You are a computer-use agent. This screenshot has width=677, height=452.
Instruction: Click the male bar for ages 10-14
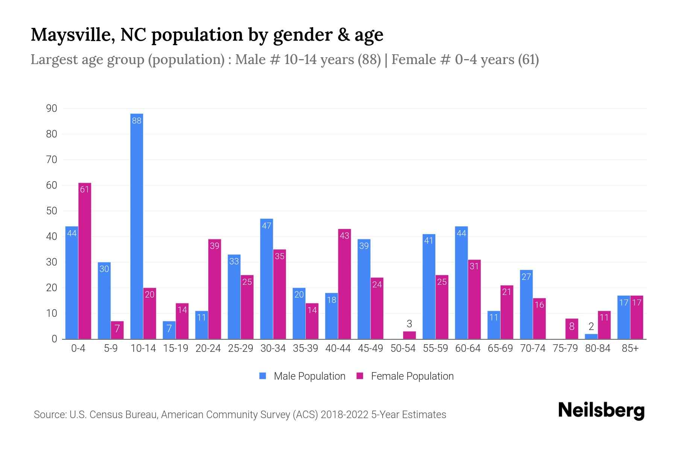click(137, 226)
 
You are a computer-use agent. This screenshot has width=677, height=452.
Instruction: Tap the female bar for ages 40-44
click(345, 284)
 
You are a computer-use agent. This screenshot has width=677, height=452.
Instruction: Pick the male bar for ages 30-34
click(266, 279)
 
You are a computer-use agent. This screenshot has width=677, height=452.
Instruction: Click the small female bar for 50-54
click(409, 335)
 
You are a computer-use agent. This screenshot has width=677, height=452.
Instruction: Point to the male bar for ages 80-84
click(591, 336)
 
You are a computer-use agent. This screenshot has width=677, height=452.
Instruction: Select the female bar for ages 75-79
click(572, 329)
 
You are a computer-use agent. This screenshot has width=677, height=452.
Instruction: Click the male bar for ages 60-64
click(461, 282)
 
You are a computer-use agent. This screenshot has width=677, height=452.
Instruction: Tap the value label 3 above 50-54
click(409, 324)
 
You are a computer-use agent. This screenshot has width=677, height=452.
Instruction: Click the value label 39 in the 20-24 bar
click(214, 246)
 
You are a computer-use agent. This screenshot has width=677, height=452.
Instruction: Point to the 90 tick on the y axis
click(52, 108)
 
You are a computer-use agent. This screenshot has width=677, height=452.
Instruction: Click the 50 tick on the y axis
click(52, 211)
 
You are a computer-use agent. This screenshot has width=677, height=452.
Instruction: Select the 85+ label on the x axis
click(630, 348)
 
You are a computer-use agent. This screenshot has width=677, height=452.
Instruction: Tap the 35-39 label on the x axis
click(305, 348)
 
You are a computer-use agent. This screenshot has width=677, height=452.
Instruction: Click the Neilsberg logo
click(601, 411)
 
